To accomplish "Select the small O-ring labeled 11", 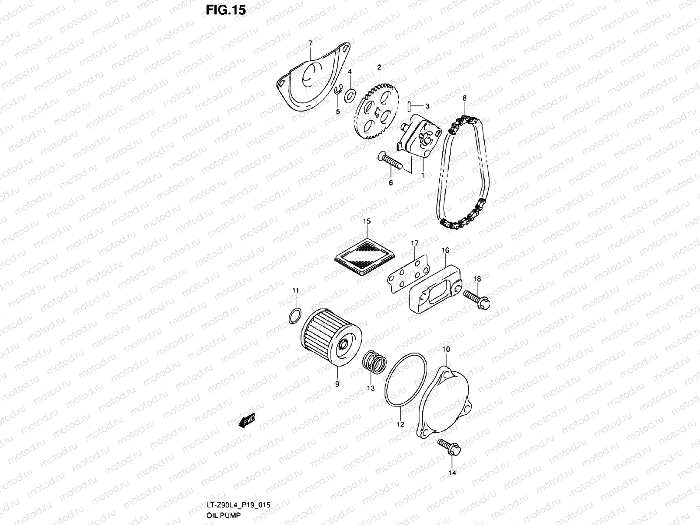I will pyautogui.click(x=296, y=315).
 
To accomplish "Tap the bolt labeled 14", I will pyautogui.click(x=448, y=449).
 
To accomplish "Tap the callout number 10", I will pyautogui.click(x=446, y=349).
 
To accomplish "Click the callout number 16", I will pyautogui.click(x=445, y=251).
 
